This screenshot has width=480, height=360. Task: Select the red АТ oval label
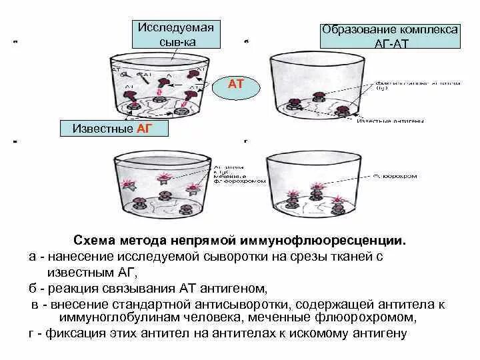[x=237, y=85]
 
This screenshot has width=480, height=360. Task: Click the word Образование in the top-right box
[x=361, y=30]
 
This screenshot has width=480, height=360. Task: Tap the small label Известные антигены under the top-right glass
[x=383, y=121]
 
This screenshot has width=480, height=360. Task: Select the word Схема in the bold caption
[x=96, y=239]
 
